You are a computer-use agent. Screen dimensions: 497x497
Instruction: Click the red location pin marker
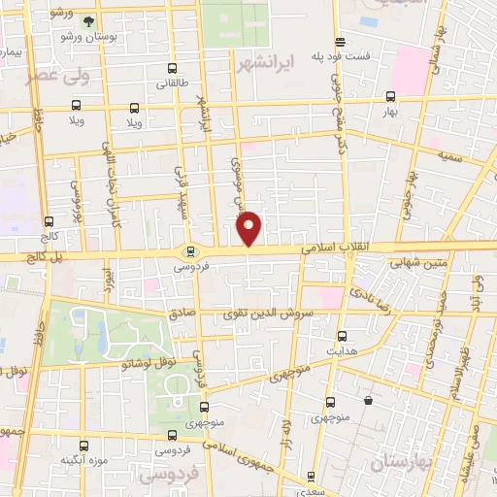point(248,227)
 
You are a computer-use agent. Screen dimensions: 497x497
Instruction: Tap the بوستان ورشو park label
point(88,36)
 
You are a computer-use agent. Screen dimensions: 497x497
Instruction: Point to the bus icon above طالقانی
point(173,69)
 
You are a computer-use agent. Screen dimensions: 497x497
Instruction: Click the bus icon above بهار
point(390,96)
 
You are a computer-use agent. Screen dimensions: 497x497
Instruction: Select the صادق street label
point(182,314)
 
